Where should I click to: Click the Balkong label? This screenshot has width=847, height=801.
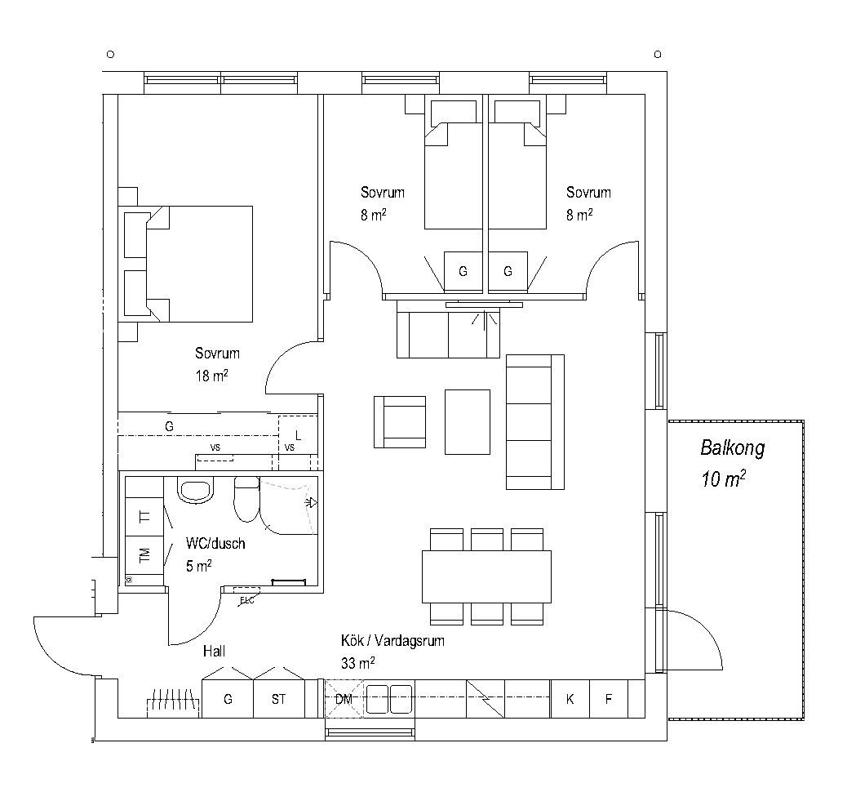pyautogui.click(x=733, y=448)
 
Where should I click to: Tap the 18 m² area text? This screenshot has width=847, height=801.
pyautogui.click(x=212, y=376)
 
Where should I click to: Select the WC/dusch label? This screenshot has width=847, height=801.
pyautogui.click(x=215, y=543)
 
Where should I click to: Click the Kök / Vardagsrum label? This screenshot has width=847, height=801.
pyautogui.click(x=392, y=641)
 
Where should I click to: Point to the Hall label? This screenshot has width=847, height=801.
pyautogui.click(x=214, y=652)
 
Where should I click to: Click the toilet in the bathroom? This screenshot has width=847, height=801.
pyautogui.click(x=247, y=499)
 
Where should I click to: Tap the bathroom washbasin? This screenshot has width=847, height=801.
pyautogui.click(x=195, y=491)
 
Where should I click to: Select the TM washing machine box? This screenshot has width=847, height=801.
pyautogui.click(x=144, y=555)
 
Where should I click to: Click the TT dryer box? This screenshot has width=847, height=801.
pyautogui.click(x=144, y=517)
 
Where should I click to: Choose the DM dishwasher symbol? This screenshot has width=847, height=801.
pyautogui.click(x=344, y=699)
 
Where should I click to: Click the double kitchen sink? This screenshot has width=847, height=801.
pyautogui.click(x=389, y=699)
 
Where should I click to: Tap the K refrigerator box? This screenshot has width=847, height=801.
pyautogui.click(x=570, y=699)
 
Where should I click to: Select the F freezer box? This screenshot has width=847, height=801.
pyautogui.click(x=609, y=699)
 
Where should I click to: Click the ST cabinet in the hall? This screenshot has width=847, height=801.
pyautogui.click(x=279, y=699)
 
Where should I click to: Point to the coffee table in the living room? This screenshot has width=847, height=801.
pyautogui.click(x=468, y=421)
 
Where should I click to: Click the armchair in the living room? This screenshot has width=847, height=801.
pyautogui.click(x=400, y=422)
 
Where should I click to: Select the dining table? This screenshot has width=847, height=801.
pyautogui.click(x=486, y=576)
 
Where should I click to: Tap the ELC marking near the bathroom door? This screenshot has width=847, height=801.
pyautogui.click(x=247, y=600)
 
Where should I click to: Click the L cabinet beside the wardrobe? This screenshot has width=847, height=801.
pyautogui.click(x=298, y=436)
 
